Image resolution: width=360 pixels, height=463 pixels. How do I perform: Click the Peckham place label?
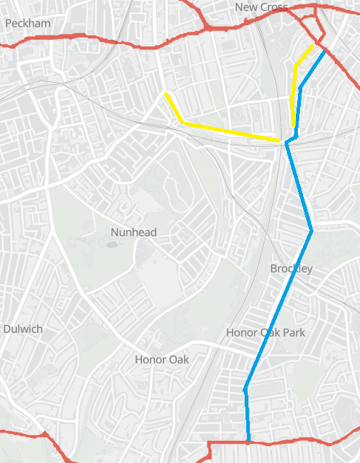coord(28,23)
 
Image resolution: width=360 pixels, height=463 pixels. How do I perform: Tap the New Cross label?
coord(261,7)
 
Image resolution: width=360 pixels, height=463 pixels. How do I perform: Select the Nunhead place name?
coord(134,232)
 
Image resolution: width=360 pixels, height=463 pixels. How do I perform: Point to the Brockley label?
coord(291,268)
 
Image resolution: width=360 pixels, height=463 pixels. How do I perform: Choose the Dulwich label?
coord(23,329)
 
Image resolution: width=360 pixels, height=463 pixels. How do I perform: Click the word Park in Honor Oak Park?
coord(293,333)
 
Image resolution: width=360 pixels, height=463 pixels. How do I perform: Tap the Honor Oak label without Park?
coord(162,360)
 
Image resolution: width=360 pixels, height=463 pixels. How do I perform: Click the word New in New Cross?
coord(245,7)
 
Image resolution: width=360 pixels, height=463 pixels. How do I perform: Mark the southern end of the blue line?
coord(248,442)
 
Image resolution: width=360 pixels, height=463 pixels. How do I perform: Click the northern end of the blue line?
coord(325,51)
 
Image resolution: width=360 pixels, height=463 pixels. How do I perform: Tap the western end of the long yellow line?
coord(166,94)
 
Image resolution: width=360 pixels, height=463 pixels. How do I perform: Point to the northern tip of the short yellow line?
coord(313,45)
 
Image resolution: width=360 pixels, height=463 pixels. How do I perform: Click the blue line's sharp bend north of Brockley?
coord(311,231)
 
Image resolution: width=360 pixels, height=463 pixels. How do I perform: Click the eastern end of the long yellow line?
coord(279,140)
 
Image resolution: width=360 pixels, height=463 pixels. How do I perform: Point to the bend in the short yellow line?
coord(296,66)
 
